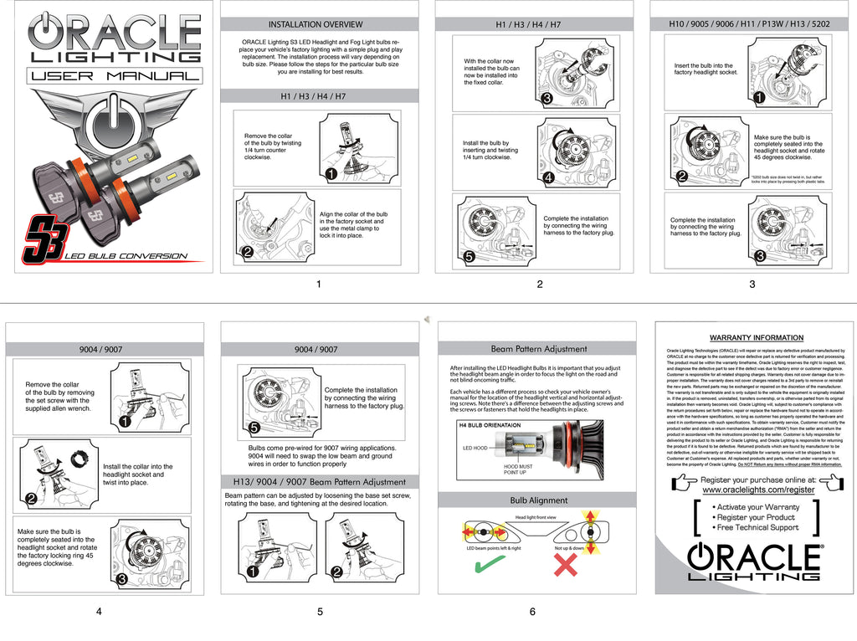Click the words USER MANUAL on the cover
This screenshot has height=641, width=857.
pyautogui.click(x=115, y=76)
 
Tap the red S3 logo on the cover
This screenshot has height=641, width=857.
pyautogui.click(x=39, y=240)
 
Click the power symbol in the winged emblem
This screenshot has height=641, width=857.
pyautogui.click(x=115, y=126)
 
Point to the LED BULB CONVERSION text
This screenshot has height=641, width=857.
pyautogui.click(x=125, y=255)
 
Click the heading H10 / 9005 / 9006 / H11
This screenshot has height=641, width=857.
pyautogui.click(x=749, y=24)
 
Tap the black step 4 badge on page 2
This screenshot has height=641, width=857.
pyautogui.click(x=547, y=177)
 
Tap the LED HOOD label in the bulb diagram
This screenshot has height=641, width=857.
pyautogui.click(x=475, y=448)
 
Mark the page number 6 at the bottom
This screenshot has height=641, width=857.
pyautogui.click(x=532, y=612)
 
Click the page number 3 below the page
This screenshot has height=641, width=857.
pyautogui.click(x=752, y=285)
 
